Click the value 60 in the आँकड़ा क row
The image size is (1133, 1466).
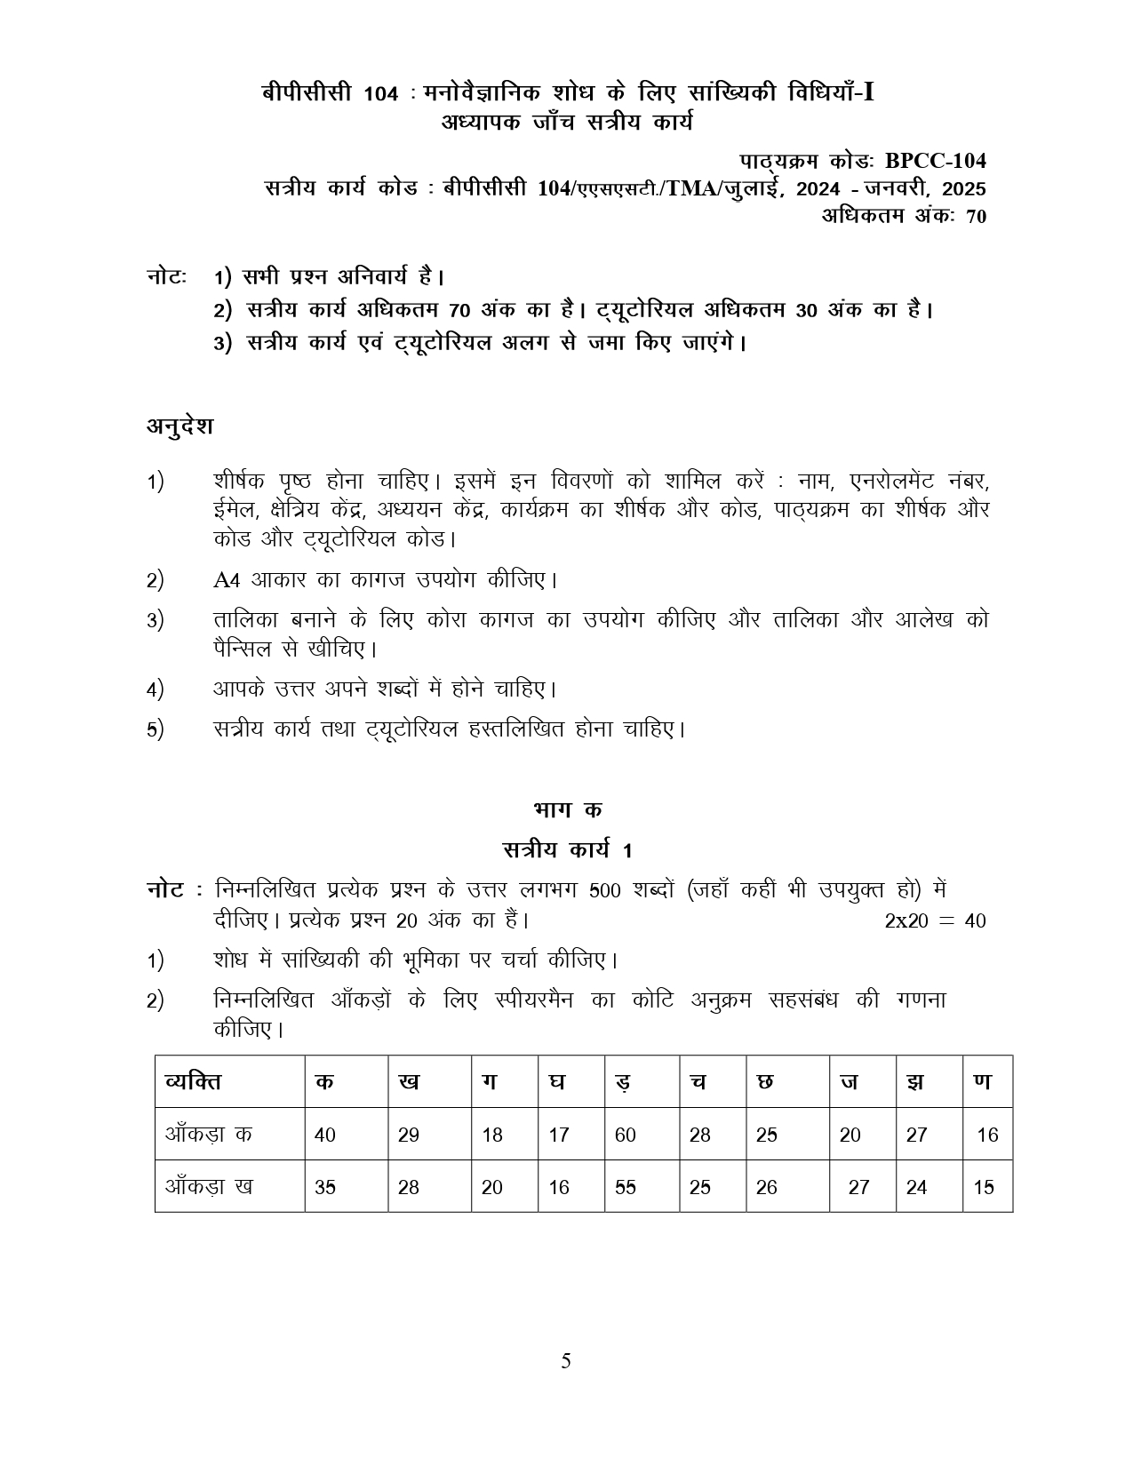click(x=625, y=1135)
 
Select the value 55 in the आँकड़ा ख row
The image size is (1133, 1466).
click(x=625, y=1187)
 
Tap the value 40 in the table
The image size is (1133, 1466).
click(x=324, y=1135)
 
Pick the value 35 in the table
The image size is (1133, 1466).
click(x=324, y=1187)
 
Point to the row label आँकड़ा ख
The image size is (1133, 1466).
click(x=209, y=1187)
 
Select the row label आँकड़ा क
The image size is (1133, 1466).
click(x=209, y=1135)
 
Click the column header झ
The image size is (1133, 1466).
click(x=914, y=1081)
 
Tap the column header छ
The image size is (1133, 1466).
click(x=765, y=1081)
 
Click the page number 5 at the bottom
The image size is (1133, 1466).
click(x=566, y=1361)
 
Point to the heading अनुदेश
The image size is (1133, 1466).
click(x=180, y=426)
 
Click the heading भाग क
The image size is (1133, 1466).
click(x=567, y=809)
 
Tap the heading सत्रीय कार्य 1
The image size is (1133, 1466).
click(x=567, y=849)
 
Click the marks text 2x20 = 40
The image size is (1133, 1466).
click(x=935, y=920)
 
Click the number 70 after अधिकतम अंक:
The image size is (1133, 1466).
click(x=975, y=216)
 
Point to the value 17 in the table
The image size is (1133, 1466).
click(x=558, y=1135)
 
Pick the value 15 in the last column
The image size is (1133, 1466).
click(x=984, y=1187)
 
